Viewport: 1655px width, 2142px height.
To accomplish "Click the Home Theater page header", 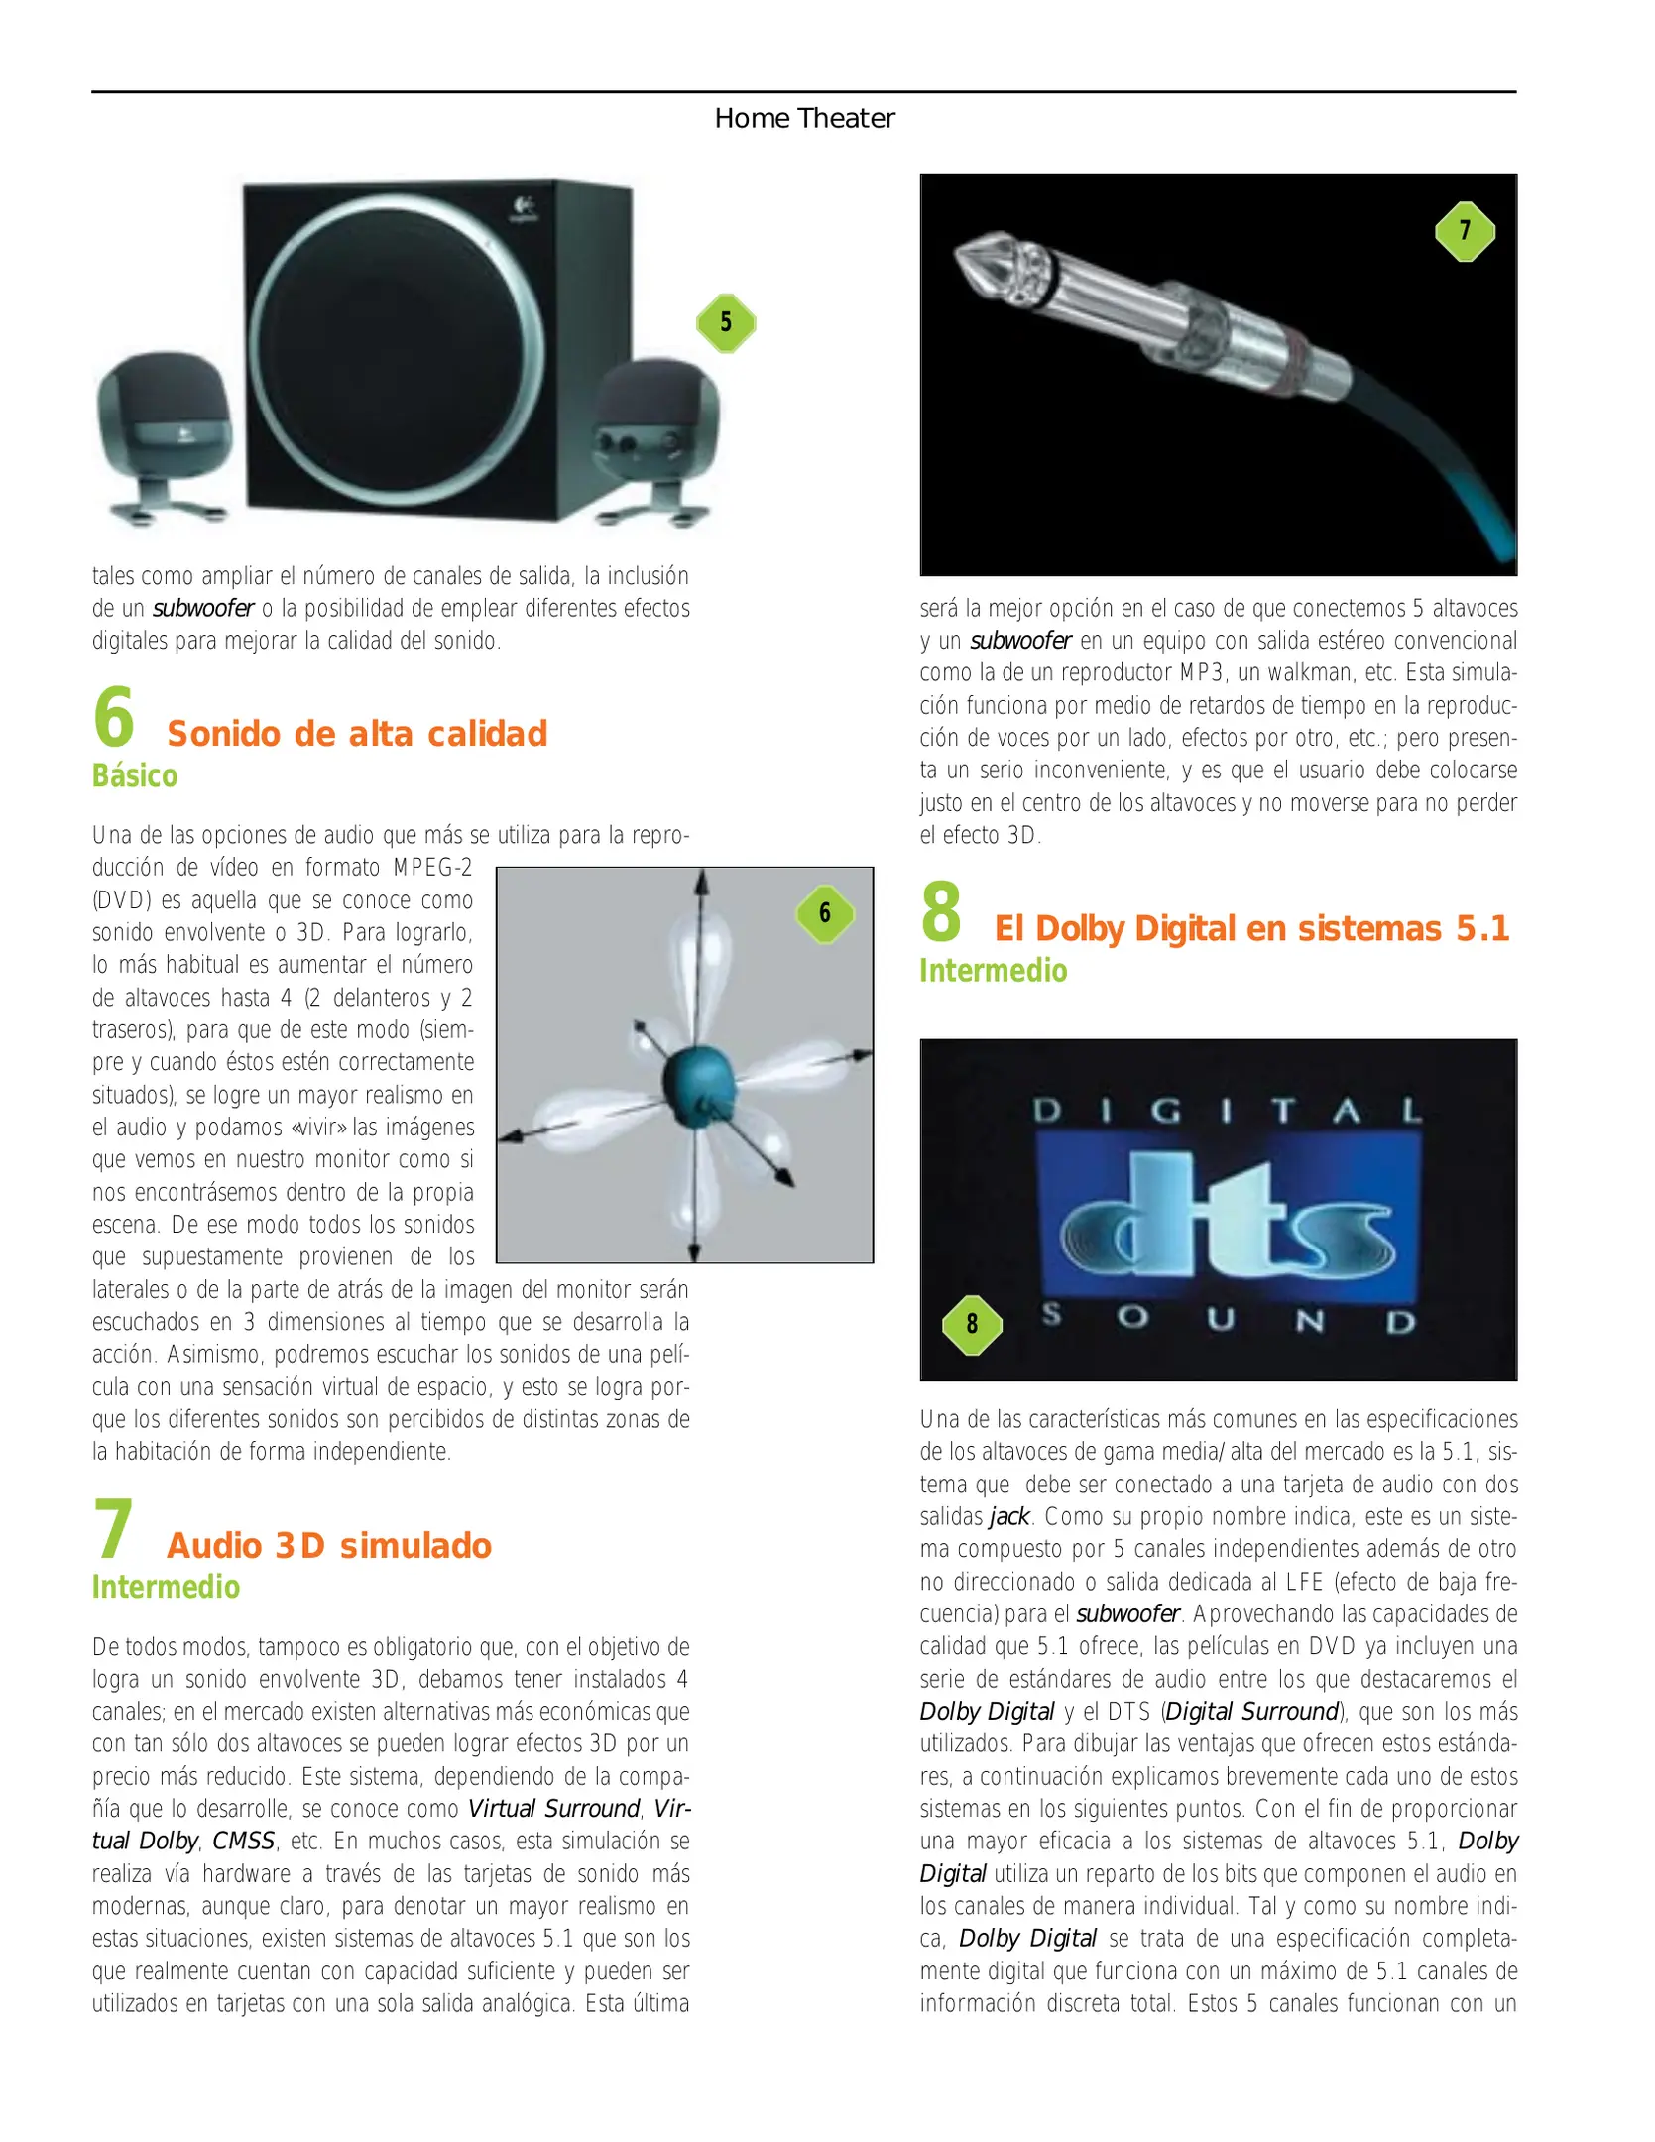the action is pos(804,118).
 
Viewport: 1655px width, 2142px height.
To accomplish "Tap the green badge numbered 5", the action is pos(726,322).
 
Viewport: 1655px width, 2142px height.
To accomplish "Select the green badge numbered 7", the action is pos(1465,231).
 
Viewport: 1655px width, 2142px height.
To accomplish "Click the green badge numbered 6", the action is pos(825,912).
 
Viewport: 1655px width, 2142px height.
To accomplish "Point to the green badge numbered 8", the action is pos(972,1324).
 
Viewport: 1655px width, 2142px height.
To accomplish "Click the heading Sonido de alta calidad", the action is pos(357,734).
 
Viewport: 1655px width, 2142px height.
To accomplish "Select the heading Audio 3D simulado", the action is pos(329,1546).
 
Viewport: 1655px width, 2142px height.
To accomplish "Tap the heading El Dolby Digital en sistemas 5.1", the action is pos(1251,928).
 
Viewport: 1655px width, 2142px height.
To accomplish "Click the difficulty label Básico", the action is pos(135,775).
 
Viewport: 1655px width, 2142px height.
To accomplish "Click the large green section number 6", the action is pos(114,717).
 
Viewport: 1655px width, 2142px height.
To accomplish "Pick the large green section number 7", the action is pos(113,1529).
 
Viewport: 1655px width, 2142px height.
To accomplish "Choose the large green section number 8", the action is pos(941,911).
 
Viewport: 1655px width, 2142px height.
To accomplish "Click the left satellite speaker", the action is pos(164,436).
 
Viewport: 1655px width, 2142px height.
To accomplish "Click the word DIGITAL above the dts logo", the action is pos(1228,1111).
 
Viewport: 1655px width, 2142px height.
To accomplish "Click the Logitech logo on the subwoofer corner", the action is pos(523,209).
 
